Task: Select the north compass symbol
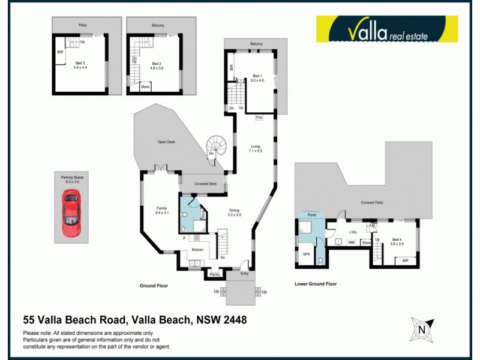tap(422, 329)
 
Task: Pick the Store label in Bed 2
tap(145, 88)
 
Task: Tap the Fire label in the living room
tap(259, 118)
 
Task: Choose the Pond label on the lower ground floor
tap(311, 214)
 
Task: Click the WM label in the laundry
tap(351, 242)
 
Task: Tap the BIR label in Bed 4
tap(406, 261)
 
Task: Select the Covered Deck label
tap(205, 184)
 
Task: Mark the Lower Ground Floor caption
tap(316, 284)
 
